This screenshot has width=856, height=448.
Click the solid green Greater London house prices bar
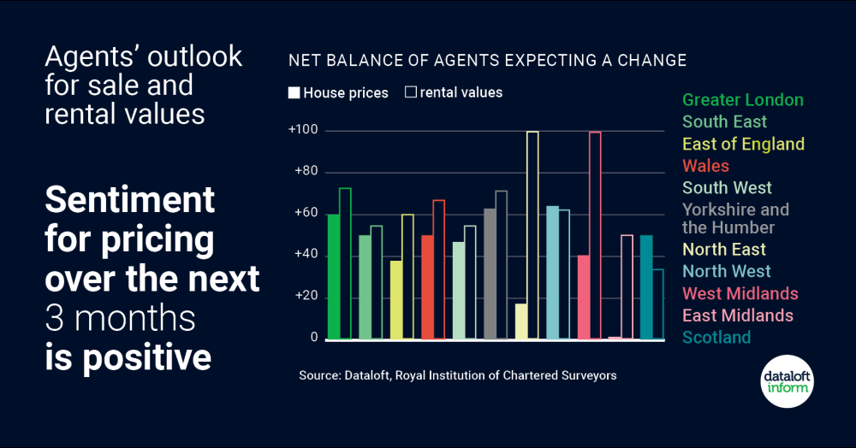[333, 276]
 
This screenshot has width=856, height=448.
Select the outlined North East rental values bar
[532, 235]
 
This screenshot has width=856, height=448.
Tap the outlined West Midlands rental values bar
[595, 235]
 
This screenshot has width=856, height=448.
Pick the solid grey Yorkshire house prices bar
[490, 274]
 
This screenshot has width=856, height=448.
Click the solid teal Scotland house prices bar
[646, 286]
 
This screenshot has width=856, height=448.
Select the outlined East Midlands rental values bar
[627, 286]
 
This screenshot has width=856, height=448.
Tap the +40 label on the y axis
[305, 255]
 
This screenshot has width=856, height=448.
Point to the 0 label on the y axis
[314, 338]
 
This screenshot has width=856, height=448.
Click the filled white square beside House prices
[294, 92]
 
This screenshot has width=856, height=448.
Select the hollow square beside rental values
[410, 92]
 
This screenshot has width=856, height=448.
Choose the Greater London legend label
[742, 100]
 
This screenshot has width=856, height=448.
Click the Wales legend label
[705, 166]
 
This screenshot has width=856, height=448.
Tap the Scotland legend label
[716, 337]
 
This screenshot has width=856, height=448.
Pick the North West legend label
[726, 271]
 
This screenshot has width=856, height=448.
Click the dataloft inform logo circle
[788, 380]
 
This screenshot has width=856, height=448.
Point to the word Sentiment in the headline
[129, 201]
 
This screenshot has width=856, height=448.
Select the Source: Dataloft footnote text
[457, 375]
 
